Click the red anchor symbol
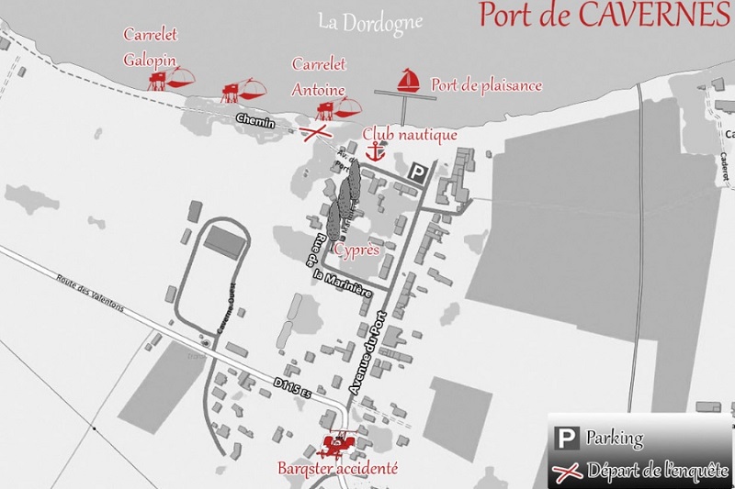click(374, 152)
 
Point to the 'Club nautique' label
click(410, 135)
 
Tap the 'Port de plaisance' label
click(486, 85)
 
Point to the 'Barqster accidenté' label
click(337, 468)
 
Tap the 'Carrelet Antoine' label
click(319, 77)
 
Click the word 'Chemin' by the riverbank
click(255, 121)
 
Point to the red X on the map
click(318, 133)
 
